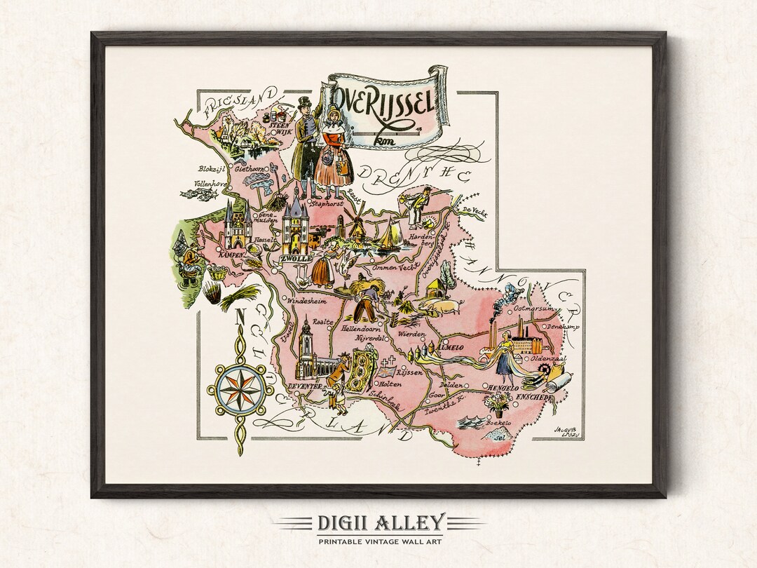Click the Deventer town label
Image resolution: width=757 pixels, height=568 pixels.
click(304, 386)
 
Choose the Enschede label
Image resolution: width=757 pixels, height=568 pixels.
click(535, 398)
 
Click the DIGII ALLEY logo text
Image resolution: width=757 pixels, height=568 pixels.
click(378, 522)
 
